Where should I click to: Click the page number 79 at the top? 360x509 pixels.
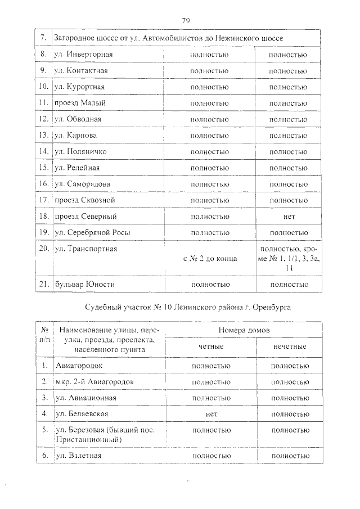point(186,21)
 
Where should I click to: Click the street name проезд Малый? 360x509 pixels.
point(80,103)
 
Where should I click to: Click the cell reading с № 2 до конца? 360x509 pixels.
point(210,258)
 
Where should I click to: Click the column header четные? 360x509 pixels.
point(211,346)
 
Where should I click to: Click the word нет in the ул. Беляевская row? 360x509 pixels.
point(211,414)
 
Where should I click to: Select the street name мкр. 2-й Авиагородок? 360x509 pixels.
point(95,381)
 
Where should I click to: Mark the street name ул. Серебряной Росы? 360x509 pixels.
point(90,232)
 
